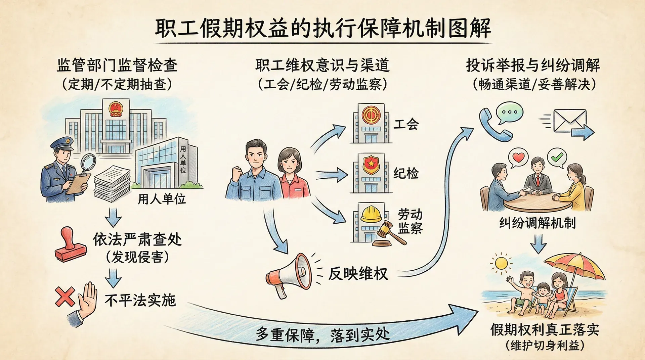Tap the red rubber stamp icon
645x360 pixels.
coord(70,245)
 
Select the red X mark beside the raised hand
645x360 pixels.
coord(64,296)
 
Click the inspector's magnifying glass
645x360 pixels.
coord(88,162)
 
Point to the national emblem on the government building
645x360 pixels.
coord(116,109)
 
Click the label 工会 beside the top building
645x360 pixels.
coord(406,124)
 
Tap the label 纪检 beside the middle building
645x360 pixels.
coord(406,173)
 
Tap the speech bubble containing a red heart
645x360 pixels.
coord(518,157)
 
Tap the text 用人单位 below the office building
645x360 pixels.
coord(162,199)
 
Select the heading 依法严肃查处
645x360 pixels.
coord(137,240)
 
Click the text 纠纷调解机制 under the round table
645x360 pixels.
coord(537,223)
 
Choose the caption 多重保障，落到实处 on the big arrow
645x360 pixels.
coord(322,335)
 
